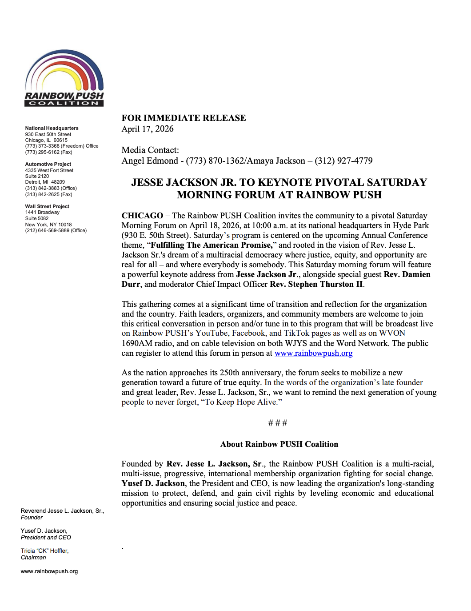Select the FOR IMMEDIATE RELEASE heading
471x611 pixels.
point(184,118)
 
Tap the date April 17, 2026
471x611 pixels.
point(148,129)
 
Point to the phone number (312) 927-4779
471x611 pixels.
point(343,161)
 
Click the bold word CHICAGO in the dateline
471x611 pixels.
point(142,216)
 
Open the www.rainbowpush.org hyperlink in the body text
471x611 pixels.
point(313,353)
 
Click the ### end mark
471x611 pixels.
point(278,423)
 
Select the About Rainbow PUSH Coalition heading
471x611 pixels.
point(279,444)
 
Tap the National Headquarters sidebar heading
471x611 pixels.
point(52,128)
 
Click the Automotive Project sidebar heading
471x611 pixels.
point(48,164)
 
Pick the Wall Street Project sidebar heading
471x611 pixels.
point(47,206)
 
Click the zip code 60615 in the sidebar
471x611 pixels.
point(60,140)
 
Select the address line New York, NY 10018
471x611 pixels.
point(48,225)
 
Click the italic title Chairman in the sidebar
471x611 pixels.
point(33,558)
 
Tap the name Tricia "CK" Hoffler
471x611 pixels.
point(44,551)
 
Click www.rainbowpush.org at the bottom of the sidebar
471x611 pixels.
point(49,571)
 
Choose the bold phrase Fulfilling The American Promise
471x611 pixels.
point(211,245)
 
